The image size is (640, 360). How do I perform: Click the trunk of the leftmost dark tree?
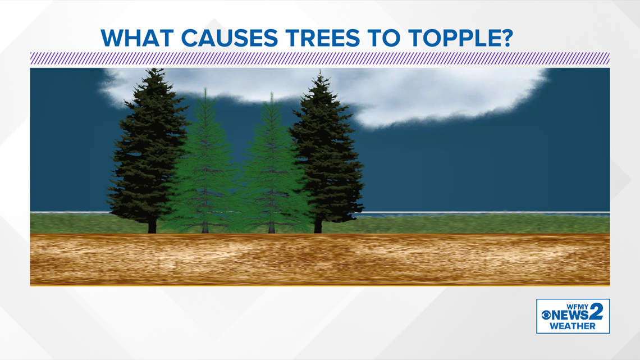pos(152,226)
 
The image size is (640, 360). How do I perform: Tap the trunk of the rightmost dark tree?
pos(318,226)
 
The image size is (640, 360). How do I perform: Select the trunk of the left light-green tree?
pos(205,227)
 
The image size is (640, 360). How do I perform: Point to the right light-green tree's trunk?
pos(271,227)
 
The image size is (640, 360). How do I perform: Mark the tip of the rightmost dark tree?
pos(320,72)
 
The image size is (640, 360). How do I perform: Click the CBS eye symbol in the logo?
pos(547,315)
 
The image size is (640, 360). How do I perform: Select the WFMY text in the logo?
pos(578,306)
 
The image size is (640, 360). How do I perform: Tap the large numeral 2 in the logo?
pos(597,312)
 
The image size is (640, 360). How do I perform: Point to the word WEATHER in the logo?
pos(573,326)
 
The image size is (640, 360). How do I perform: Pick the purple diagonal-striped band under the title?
pos(319,58)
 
